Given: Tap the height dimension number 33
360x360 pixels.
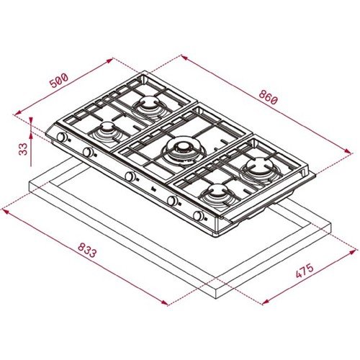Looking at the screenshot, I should [x=23, y=148].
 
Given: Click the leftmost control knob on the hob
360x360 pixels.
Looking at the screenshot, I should [x=62, y=137].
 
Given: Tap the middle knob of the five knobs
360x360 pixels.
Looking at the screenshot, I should [x=130, y=176].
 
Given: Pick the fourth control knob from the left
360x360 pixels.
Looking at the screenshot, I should [x=173, y=201].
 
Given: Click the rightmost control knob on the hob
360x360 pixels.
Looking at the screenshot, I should [x=199, y=215].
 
